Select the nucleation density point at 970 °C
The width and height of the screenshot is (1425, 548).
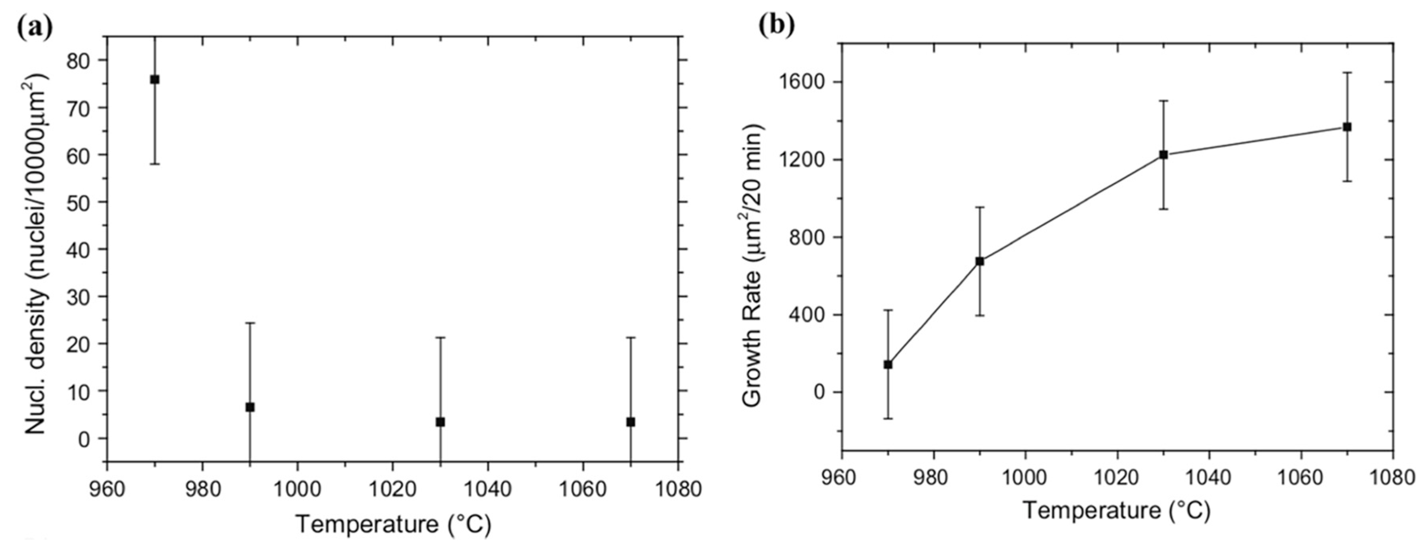[155, 80]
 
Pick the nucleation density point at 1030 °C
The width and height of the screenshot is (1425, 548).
[440, 422]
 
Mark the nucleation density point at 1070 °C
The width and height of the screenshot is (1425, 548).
[631, 422]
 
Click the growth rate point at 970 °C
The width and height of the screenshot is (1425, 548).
[888, 364]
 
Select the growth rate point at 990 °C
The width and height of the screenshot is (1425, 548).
[980, 261]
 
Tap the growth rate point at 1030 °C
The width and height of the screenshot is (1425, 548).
[1163, 155]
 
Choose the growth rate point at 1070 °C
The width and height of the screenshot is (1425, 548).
[1347, 127]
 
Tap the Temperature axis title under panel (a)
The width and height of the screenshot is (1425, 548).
[393, 524]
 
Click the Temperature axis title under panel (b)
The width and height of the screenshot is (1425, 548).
[1116, 510]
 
